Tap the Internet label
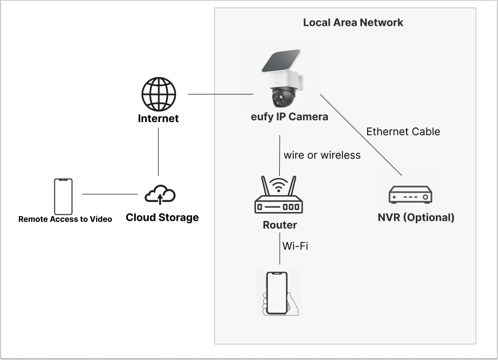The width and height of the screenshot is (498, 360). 158,118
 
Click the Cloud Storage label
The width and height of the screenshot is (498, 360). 162,217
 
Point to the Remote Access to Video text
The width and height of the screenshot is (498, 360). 65,219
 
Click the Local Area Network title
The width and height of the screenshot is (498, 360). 353,22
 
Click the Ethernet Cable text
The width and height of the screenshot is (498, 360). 403,131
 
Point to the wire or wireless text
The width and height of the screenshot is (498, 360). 322,155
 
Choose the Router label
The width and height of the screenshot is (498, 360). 280,225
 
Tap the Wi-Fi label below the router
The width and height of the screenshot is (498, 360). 295,246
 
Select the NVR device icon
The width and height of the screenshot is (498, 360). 410,195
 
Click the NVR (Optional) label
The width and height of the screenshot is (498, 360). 416,217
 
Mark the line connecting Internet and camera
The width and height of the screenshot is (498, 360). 220,94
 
